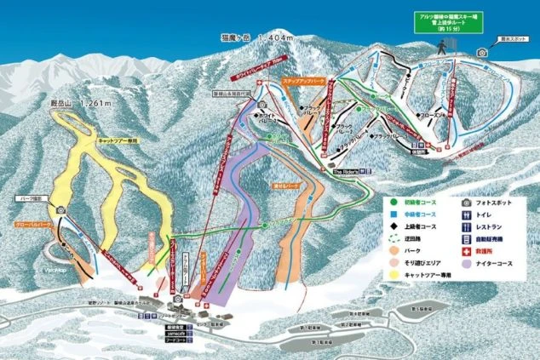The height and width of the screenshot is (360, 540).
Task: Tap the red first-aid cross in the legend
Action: point(465,252)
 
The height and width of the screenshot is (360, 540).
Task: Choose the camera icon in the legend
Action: point(465,203)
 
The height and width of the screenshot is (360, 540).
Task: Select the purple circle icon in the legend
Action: point(465,264)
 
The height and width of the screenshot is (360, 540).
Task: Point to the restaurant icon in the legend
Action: point(465,227)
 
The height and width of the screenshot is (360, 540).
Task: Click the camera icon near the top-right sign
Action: point(482,52)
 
